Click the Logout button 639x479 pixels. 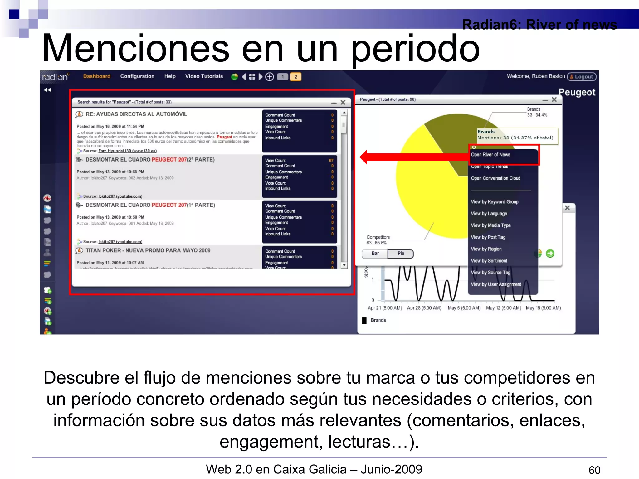582,77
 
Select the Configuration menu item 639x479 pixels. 137,76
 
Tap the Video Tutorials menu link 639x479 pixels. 204,76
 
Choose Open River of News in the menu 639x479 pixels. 490,155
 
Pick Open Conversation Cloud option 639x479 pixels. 495,178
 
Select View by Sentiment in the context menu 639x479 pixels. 489,261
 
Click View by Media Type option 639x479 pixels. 490,225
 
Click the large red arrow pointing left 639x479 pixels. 412,157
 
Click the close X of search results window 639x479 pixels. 343,102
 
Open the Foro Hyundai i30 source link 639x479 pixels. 127,151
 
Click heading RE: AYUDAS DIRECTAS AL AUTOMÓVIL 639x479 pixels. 136,114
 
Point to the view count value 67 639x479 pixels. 331,160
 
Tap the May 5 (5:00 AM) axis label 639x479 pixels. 464,308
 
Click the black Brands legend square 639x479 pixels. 364,320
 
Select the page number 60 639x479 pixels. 594,470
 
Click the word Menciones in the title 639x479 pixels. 136,49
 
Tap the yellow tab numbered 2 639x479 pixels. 295,77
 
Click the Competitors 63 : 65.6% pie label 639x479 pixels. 378,240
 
